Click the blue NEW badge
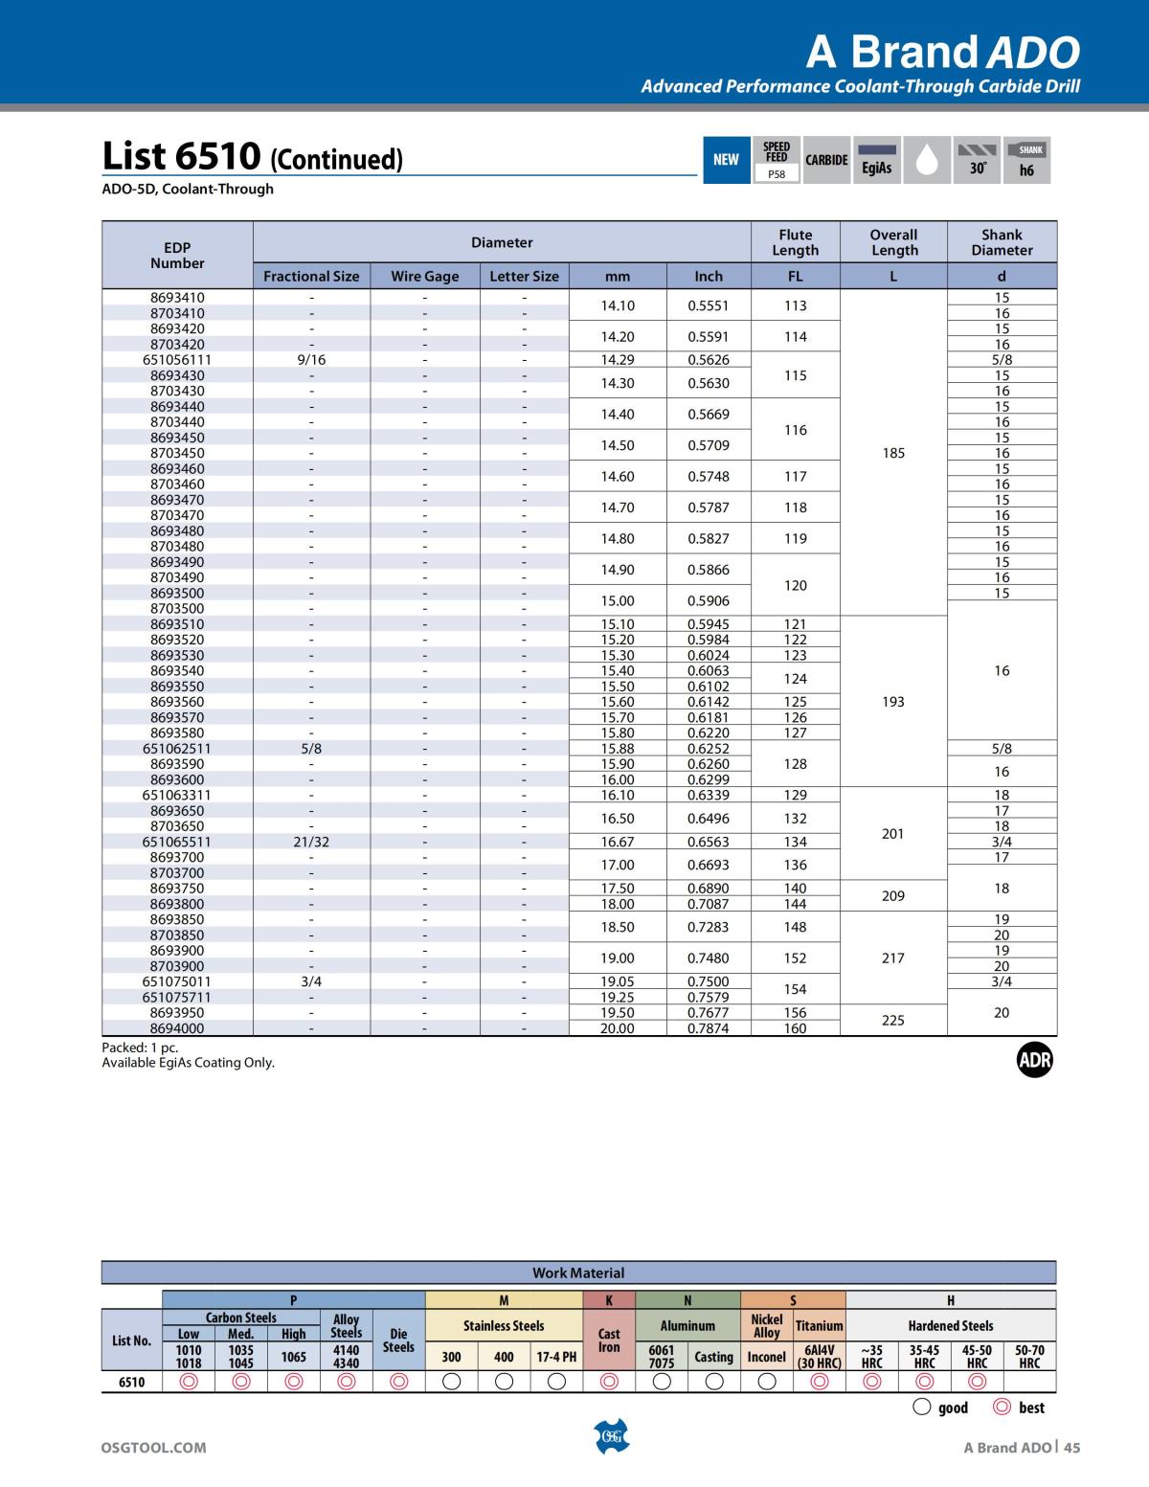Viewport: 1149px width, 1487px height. click(x=726, y=160)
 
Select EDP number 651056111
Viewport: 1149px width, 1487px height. click(x=177, y=360)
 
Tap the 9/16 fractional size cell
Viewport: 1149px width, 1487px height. click(x=311, y=360)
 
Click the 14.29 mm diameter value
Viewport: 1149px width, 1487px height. click(x=618, y=360)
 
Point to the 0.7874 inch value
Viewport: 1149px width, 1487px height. click(x=709, y=1028)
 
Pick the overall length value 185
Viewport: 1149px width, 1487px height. click(x=893, y=453)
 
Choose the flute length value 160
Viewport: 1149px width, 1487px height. click(x=796, y=1028)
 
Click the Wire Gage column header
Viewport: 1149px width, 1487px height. click(x=424, y=276)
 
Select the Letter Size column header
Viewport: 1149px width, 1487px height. click(x=524, y=276)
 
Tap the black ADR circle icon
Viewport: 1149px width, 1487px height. click(x=1034, y=1060)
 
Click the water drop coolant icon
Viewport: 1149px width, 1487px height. click(x=926, y=160)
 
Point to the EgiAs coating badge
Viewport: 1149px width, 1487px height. click(x=876, y=160)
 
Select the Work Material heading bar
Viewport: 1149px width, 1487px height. click(x=578, y=1273)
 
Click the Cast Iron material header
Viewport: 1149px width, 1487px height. click(x=609, y=1340)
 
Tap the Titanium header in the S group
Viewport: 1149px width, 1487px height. click(x=820, y=1326)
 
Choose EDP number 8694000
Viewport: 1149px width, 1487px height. click(x=177, y=1028)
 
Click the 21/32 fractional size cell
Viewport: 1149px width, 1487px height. click(x=311, y=842)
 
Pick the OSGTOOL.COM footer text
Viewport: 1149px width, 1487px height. click(x=154, y=1448)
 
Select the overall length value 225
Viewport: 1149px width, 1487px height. click(x=893, y=1021)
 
